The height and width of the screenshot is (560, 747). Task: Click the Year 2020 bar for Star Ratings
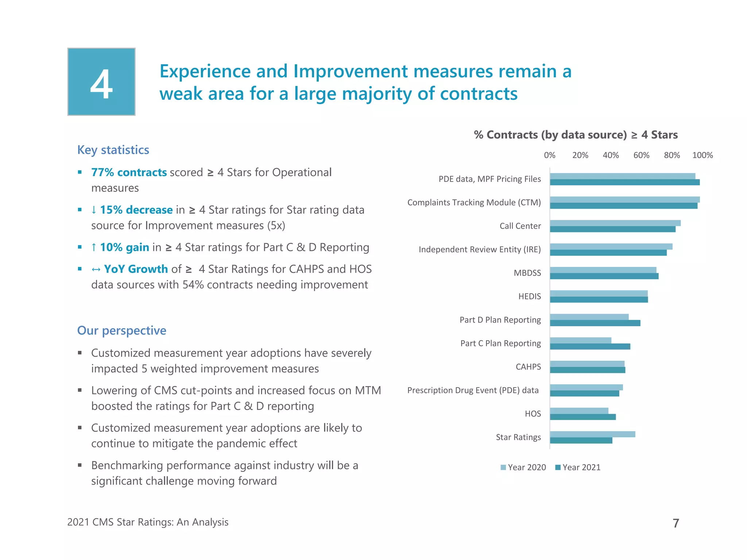click(x=592, y=434)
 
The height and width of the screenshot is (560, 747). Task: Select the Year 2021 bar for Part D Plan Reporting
click(x=595, y=323)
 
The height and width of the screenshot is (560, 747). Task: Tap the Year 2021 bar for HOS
click(x=582, y=417)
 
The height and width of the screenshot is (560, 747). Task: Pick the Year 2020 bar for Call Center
click(x=615, y=223)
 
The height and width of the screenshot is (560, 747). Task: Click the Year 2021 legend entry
click(x=578, y=467)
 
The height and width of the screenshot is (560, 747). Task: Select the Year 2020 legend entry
click(x=523, y=467)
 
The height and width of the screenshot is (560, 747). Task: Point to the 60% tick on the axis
click(x=641, y=155)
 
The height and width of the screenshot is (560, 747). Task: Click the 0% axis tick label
click(x=549, y=155)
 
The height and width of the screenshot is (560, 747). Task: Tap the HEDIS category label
click(x=530, y=296)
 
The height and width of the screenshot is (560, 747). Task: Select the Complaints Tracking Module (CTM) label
click(x=474, y=203)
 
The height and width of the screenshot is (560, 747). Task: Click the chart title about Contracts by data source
click(x=576, y=135)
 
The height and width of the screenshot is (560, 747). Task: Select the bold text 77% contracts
click(x=129, y=172)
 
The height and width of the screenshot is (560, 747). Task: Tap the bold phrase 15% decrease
click(x=136, y=210)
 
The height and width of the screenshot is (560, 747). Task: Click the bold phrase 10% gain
click(x=124, y=248)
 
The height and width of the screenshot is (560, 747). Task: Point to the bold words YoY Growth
click(x=136, y=269)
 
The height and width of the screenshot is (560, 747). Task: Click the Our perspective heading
click(x=121, y=330)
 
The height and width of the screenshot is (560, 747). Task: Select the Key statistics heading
click(x=113, y=150)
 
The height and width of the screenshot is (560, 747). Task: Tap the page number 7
click(x=676, y=523)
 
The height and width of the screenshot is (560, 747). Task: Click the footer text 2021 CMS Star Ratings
click(x=148, y=522)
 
